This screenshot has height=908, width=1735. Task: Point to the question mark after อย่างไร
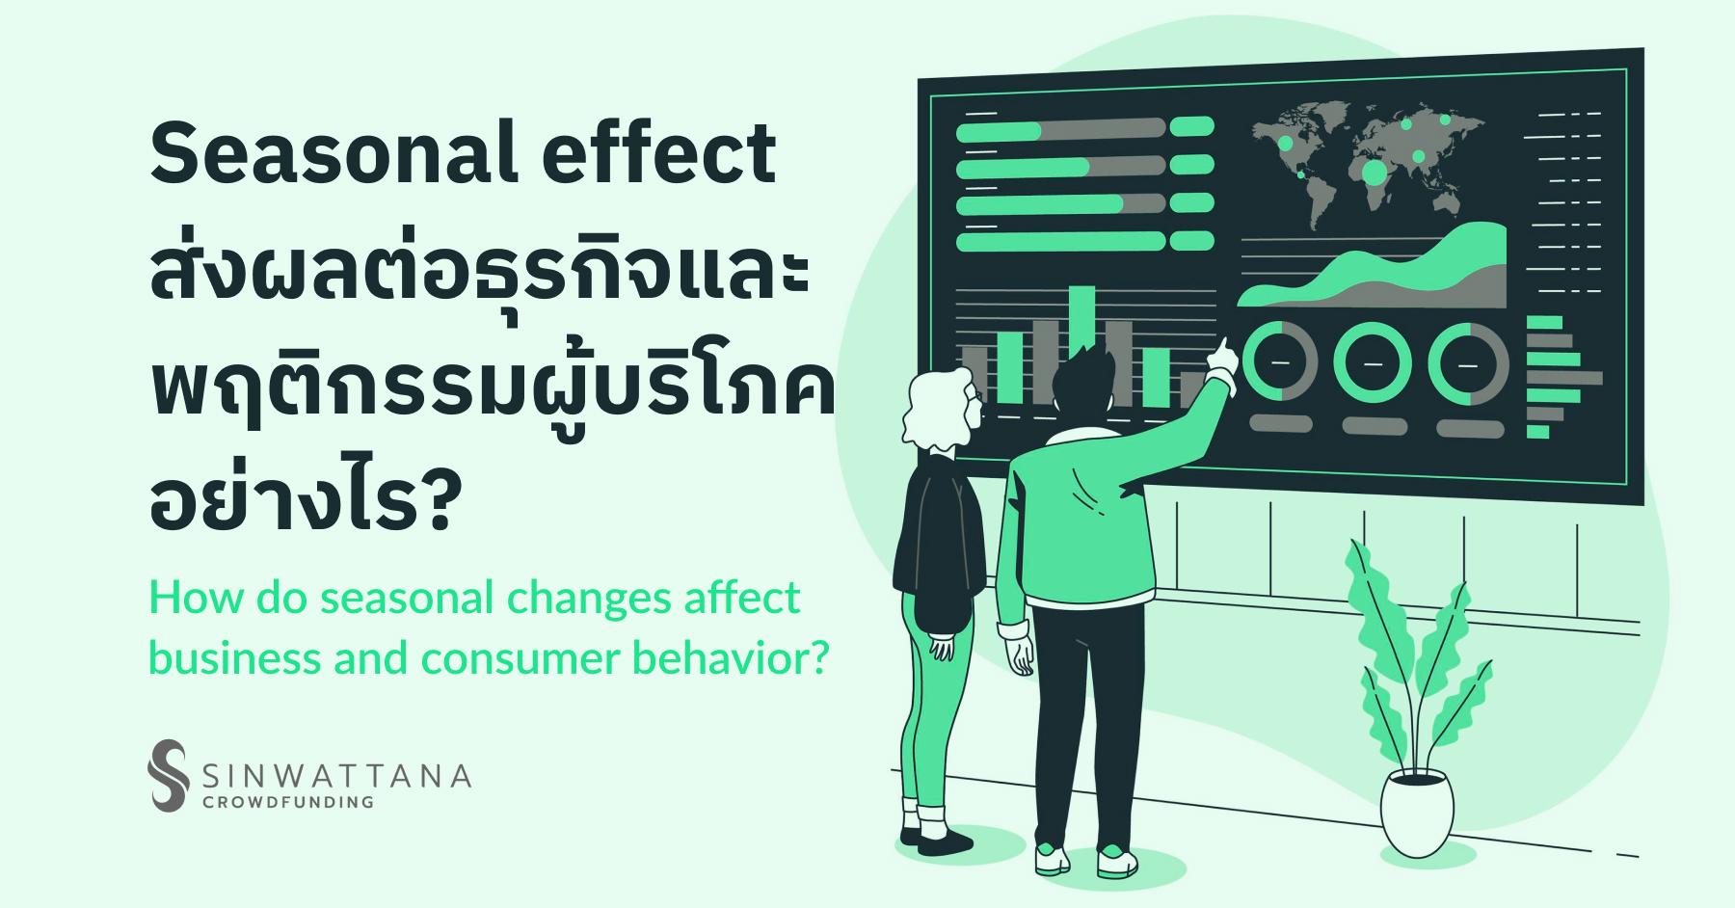436,505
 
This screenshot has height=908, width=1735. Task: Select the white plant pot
1416,815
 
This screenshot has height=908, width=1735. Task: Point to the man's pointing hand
1221,357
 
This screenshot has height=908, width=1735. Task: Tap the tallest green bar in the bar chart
1082,344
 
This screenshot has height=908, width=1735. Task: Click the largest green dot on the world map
1375,174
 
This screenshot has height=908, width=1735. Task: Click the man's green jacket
1080,521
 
